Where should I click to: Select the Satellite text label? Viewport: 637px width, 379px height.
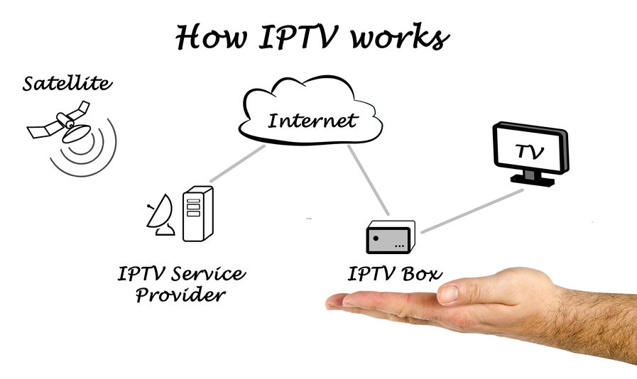pyautogui.click(x=67, y=84)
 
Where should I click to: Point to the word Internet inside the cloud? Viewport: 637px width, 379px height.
pyautogui.click(x=312, y=120)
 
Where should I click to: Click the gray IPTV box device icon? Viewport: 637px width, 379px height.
pyautogui.click(x=389, y=236)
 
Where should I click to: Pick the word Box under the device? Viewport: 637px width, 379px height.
pyautogui.click(x=420, y=273)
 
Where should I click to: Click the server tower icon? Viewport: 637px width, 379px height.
pyautogui.click(x=197, y=213)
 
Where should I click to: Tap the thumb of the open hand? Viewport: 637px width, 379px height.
pyautogui.click(x=462, y=292)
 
